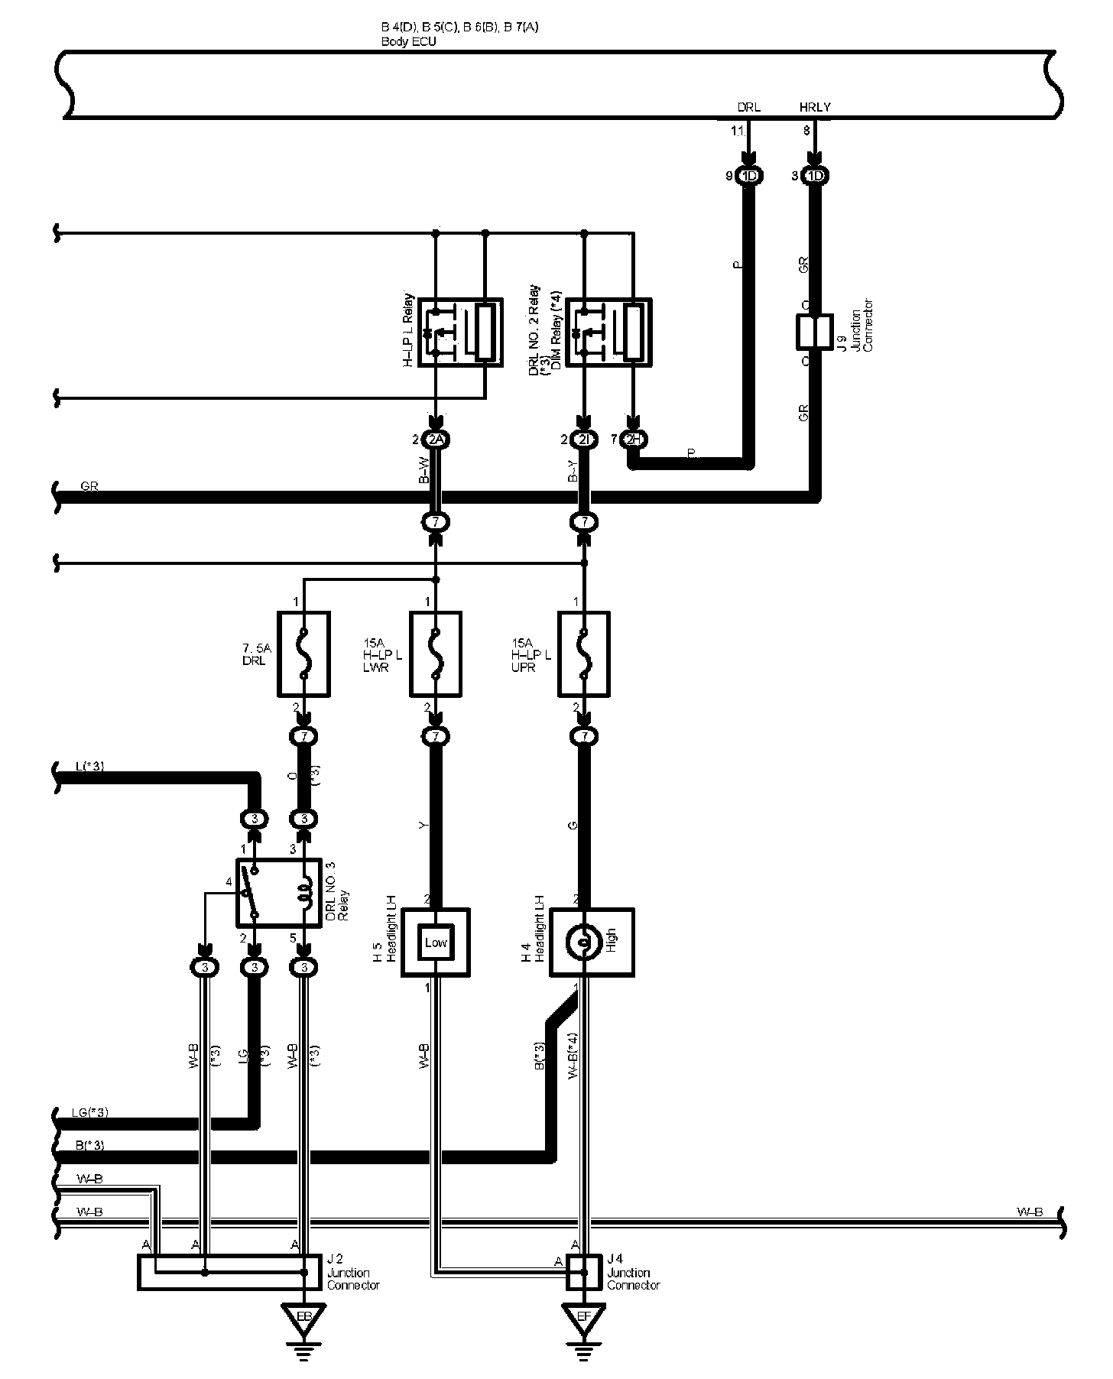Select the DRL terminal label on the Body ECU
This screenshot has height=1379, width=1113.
click(748, 108)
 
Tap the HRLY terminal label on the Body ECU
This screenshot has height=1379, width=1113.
click(814, 108)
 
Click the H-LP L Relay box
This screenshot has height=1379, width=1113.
click(460, 333)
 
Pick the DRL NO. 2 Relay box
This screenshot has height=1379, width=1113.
click(610, 333)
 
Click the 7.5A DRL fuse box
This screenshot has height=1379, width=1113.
click(303, 654)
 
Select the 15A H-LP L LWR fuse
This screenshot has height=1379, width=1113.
click(436, 654)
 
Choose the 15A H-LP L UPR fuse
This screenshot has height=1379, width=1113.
click(584, 654)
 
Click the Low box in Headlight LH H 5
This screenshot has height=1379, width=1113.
click(436, 943)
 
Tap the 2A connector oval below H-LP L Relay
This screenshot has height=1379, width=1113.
click(436, 440)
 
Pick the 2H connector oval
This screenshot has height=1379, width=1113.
click(633, 440)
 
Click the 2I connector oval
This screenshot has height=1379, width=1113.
click(584, 440)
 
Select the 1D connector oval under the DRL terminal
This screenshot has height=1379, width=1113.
click(749, 177)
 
